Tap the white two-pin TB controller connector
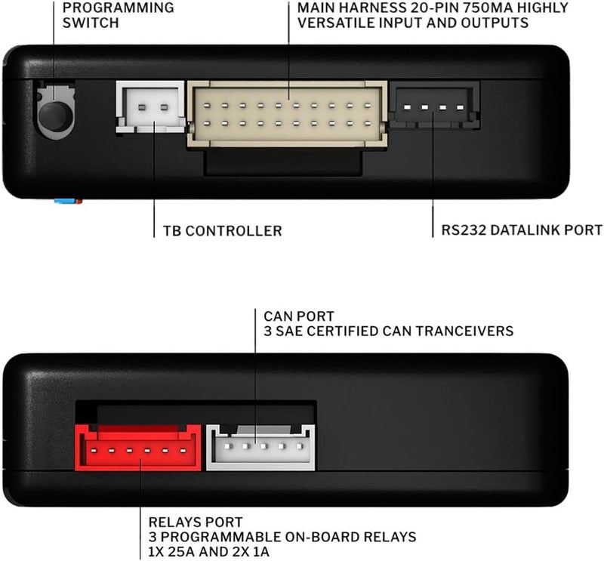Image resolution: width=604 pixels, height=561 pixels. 150,106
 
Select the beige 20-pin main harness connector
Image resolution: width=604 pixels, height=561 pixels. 287,115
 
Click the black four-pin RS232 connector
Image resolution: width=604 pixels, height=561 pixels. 434,106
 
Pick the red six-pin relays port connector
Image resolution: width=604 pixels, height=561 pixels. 138,447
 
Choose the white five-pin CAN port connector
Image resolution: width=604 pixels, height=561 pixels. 260,447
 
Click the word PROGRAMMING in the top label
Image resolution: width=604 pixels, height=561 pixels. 119,8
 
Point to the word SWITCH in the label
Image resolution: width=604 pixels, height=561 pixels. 91,23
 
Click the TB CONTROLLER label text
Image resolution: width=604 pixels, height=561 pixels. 223,231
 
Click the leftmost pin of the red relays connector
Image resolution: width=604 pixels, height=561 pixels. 94,450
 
